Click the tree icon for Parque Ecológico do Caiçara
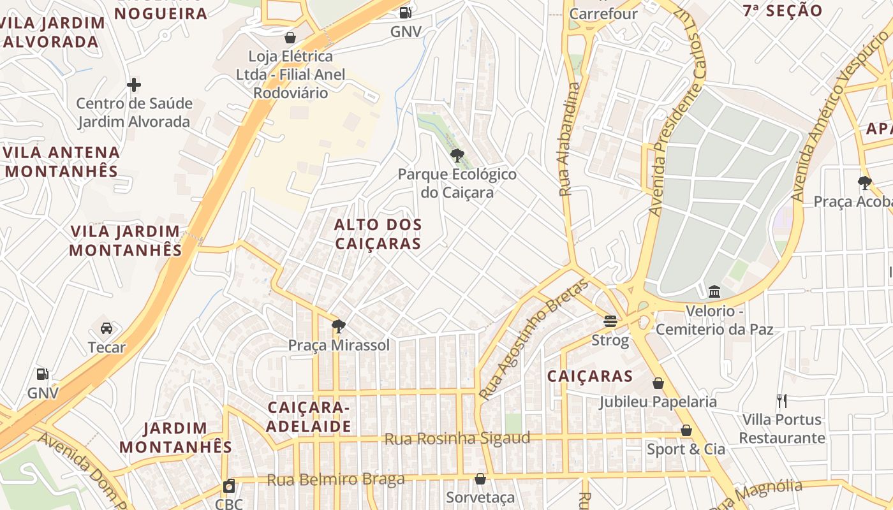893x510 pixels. click(457, 155)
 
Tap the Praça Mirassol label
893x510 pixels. click(339, 345)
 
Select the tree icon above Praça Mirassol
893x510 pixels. click(339, 326)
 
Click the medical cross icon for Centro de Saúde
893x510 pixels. click(134, 84)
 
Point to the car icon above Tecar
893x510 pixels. click(107, 328)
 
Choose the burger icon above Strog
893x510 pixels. click(610, 321)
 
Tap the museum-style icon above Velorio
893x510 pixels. click(714, 292)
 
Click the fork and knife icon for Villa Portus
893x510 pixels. click(782, 400)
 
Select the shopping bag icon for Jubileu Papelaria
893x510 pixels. click(658, 383)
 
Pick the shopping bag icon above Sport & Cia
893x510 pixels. click(686, 430)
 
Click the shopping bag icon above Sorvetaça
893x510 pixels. click(480, 478)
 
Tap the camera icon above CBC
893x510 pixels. click(229, 486)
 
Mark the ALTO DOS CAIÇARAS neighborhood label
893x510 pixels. click(378, 234)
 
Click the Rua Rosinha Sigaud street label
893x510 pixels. click(457, 439)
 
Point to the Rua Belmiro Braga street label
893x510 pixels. click(336, 479)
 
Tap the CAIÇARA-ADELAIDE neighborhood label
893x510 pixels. click(309, 417)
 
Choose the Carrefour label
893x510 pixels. click(603, 13)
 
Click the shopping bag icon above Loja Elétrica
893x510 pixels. click(290, 37)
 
